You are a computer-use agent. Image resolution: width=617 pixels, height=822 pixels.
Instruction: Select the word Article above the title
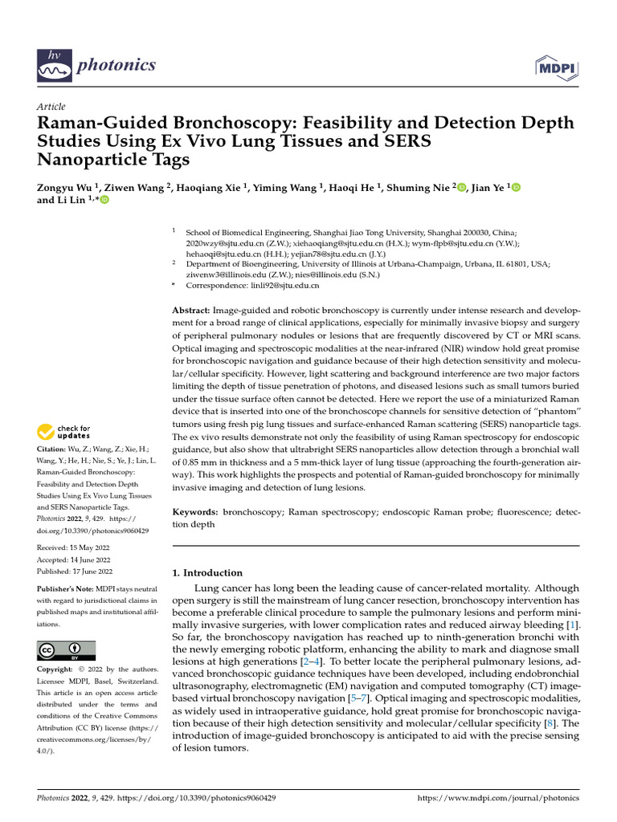tap(51, 107)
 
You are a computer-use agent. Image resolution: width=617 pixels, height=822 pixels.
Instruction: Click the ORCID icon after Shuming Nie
tap(461, 187)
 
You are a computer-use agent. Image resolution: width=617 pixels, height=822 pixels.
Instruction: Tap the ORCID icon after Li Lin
tap(103, 201)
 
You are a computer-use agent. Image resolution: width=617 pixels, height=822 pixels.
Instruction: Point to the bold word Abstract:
tap(192, 310)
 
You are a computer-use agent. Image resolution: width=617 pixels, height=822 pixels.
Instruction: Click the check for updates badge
tap(64, 432)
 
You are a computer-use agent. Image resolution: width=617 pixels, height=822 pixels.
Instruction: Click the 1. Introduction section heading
tap(208, 572)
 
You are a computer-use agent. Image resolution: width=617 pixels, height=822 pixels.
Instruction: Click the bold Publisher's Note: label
tap(67, 588)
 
